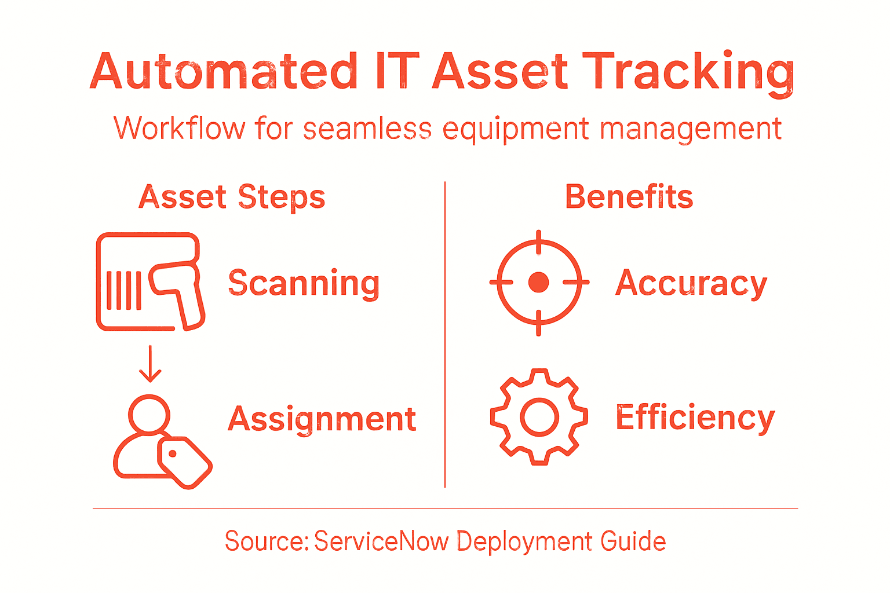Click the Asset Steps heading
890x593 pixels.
point(232,197)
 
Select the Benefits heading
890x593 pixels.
point(629,197)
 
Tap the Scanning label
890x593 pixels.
point(304,283)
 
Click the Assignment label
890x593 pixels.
point(322,419)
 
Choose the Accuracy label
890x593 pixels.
point(691,283)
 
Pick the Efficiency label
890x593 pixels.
point(695,418)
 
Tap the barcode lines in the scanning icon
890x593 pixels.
point(123,290)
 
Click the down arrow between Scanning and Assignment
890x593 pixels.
point(150,364)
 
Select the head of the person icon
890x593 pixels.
point(149,414)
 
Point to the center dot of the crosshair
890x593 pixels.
point(539,283)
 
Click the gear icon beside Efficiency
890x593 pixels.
point(539,417)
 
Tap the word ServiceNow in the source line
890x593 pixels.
point(381,541)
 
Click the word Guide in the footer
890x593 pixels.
point(633,541)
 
